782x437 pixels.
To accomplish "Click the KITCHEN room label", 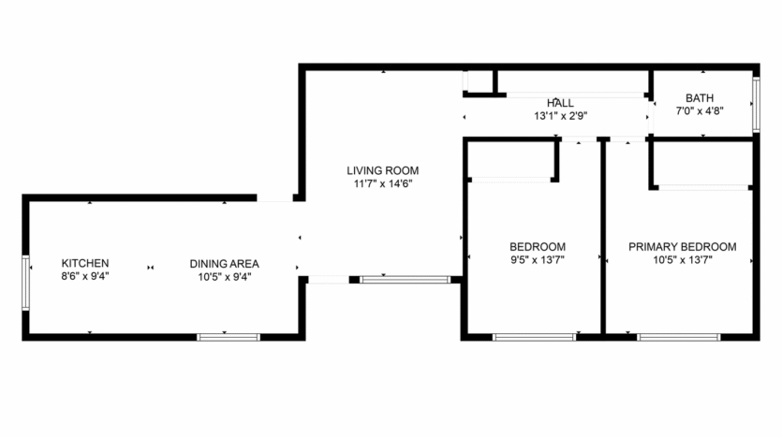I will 85,263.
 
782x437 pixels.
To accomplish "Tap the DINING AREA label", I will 224,263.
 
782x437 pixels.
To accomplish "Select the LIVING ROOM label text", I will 382,170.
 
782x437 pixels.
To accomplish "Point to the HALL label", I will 560,103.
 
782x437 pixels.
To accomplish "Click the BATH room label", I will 700,97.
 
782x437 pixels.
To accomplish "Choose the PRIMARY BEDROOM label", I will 682,247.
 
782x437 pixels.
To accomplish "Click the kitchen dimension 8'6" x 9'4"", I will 85,276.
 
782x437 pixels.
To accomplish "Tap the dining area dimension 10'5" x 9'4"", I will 224,276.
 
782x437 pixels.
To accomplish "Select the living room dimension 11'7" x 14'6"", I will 382,183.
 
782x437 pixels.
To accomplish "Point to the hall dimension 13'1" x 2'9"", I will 560,116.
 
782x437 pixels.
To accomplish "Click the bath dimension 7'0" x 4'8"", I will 700,110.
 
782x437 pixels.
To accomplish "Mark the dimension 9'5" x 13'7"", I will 530,260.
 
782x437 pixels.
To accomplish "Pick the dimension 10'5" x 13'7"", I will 682,260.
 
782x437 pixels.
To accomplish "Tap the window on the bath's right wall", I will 755,101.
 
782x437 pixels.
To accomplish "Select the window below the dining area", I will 229,336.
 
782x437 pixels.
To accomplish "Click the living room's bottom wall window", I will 406,279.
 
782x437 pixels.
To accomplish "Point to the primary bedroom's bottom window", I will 679,336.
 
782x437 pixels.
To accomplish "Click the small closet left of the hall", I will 479,81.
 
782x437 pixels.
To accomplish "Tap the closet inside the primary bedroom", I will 702,164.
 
